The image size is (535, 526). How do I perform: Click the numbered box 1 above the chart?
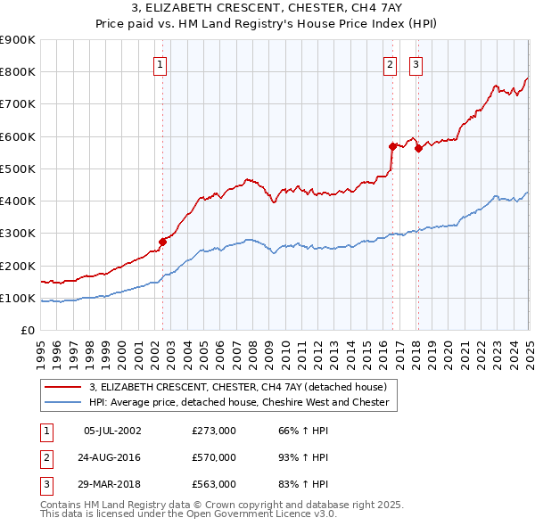160,63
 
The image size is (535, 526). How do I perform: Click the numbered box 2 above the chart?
391,63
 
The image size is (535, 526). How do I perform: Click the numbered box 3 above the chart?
416,63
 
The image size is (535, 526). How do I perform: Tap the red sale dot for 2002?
162,242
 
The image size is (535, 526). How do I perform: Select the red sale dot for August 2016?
392,146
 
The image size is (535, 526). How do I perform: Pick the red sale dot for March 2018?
418,148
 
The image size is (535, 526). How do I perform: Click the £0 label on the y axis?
28,331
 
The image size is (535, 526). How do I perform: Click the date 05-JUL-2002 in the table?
112,431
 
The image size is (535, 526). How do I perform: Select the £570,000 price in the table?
214,457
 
